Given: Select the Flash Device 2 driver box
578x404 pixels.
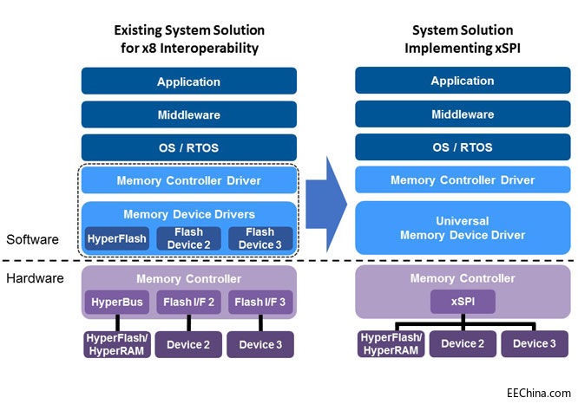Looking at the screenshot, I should tap(188, 238).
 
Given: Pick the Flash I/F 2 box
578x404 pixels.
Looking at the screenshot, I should tap(188, 302).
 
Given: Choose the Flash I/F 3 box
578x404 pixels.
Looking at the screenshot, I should tap(260, 302).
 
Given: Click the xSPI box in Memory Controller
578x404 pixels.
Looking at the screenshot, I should tap(463, 302).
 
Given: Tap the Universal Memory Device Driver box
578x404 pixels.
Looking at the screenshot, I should tap(463, 228).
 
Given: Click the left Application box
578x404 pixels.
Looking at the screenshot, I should tap(189, 81).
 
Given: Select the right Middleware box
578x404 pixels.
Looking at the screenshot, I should tap(463, 114).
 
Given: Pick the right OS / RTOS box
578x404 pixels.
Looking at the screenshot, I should tap(463, 147).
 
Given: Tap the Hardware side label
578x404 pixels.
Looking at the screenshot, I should tap(32, 278).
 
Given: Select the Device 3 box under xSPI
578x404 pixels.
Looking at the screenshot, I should tap(535, 343).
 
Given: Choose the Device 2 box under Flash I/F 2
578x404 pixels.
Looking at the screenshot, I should tap(188, 344).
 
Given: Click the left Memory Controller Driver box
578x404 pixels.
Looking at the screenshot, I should tap(189, 180).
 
